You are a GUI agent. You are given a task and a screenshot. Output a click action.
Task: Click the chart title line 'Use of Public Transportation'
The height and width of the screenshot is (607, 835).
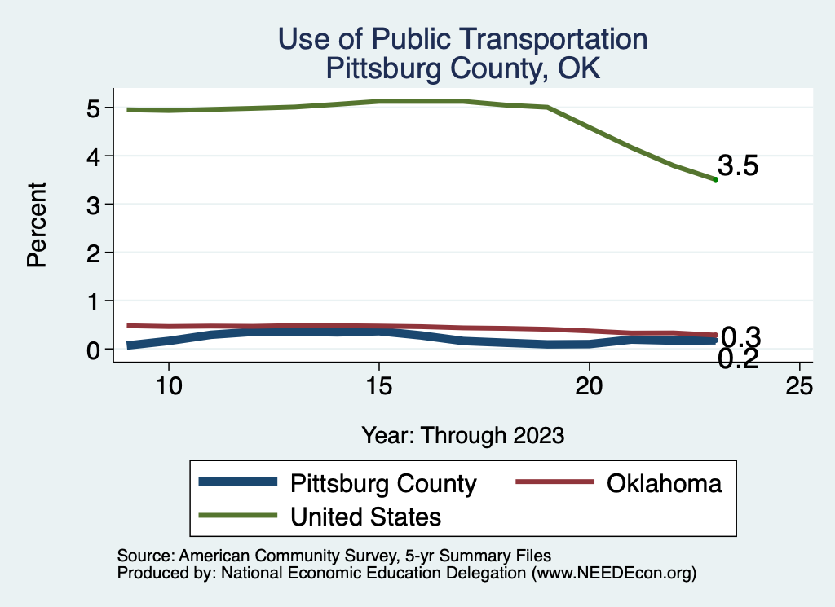[x=462, y=38]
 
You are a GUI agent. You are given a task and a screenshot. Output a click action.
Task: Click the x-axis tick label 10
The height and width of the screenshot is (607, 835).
[x=168, y=386]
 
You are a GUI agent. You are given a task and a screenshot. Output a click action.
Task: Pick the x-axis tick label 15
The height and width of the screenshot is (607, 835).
[x=378, y=386]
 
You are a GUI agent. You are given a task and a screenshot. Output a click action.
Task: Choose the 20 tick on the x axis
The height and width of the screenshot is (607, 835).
[x=589, y=386]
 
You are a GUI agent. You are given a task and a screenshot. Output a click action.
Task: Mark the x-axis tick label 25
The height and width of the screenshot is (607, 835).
[x=799, y=386]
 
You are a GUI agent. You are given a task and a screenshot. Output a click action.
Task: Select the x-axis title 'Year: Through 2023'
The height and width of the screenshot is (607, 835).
[x=462, y=435]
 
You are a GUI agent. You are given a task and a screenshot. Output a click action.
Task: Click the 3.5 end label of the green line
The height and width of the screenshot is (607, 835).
[x=738, y=167]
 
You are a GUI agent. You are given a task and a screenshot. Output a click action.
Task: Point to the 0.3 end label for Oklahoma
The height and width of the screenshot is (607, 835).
[x=741, y=336]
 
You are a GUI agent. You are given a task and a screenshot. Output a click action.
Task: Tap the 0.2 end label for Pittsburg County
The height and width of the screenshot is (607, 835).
[x=738, y=358]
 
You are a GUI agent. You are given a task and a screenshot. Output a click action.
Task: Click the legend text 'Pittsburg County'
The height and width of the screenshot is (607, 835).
[x=383, y=483]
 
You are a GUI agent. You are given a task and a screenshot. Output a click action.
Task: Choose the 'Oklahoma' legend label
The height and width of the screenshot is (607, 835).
[x=664, y=483]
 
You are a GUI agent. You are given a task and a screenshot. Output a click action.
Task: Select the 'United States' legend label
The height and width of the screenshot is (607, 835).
[x=366, y=516]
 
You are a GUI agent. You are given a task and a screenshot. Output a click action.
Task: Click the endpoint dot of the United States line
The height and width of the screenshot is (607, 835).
[x=715, y=179]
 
